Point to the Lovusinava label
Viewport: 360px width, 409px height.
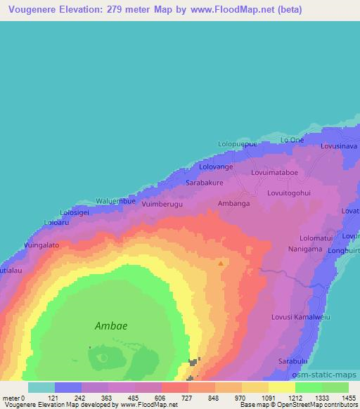tap(339, 146)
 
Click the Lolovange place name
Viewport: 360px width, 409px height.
tap(216, 167)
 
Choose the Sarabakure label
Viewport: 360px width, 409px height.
tap(205, 183)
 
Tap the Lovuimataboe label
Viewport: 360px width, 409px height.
tap(274, 171)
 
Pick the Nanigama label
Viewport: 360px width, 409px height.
tap(304, 249)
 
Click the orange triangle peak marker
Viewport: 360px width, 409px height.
tap(221, 264)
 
